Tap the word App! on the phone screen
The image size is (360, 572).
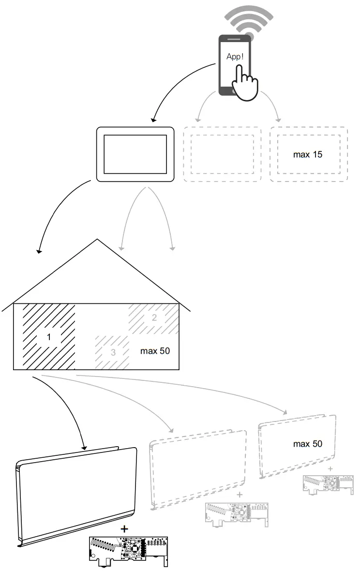tap(235, 56)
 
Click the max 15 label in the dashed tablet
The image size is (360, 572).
tap(308, 155)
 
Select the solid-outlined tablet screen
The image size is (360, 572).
tap(135, 154)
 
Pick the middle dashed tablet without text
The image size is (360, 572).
tap(222, 154)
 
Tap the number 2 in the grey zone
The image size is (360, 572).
tap(154, 318)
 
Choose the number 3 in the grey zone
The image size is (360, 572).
tap(113, 352)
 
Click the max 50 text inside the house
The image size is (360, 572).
tap(155, 350)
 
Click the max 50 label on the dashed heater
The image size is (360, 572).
tap(307, 443)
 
